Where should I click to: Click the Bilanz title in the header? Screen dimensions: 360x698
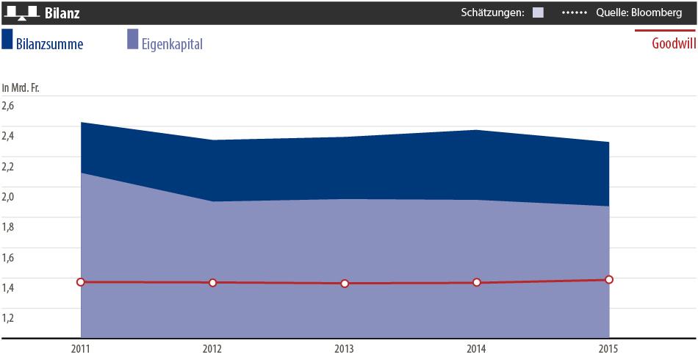62,13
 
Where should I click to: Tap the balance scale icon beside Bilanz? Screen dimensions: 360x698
21,13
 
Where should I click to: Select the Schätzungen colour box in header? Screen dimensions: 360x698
538,12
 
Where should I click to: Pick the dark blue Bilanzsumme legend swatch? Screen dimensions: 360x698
7,40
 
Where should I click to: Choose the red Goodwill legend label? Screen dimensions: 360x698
674,43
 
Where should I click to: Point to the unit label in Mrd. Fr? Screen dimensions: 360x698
21,87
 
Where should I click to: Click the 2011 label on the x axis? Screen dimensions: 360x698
81,348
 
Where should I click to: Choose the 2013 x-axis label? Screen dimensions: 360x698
345,348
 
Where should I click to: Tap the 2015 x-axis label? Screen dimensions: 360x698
609,348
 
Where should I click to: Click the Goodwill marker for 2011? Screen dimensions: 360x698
81,282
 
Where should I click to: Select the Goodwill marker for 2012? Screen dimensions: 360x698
213,283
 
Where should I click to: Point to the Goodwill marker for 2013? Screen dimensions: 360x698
345,284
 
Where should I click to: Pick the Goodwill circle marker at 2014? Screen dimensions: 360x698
477,283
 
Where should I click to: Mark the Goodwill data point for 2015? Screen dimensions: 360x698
609,279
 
